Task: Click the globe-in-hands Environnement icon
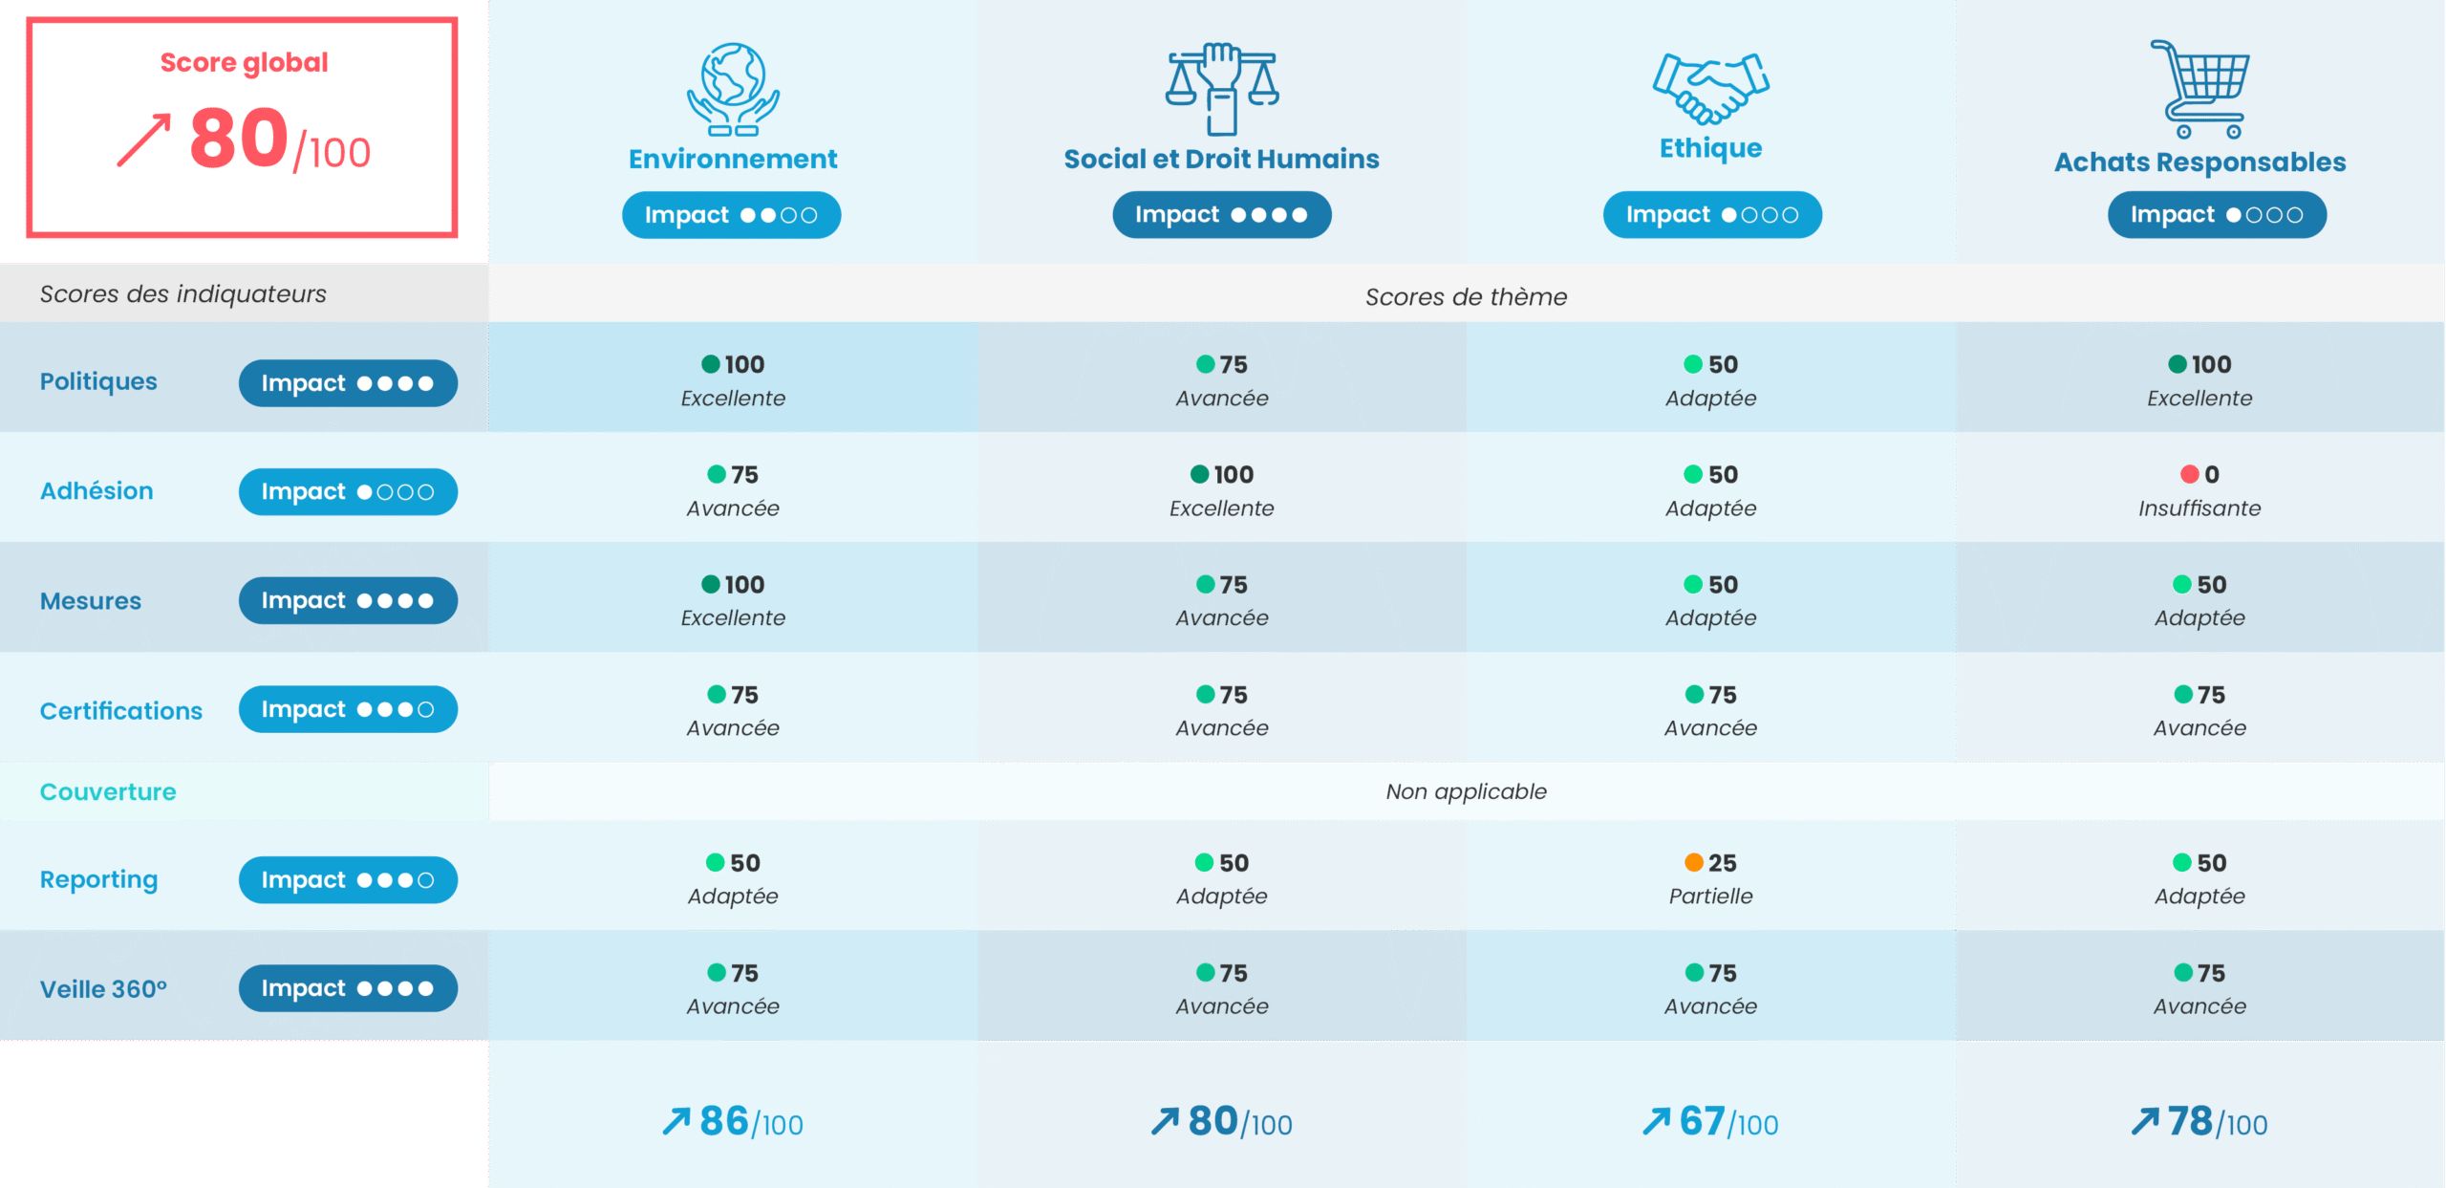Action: pos(733,89)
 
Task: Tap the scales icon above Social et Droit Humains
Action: pos(1221,88)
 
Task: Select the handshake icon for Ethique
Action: pos(1710,88)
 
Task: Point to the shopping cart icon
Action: pos(2200,89)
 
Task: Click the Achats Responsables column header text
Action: pos(2199,162)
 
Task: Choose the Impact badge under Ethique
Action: pos(1711,215)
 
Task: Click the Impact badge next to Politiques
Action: pos(348,383)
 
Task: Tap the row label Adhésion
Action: pos(97,491)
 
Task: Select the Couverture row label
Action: pos(108,792)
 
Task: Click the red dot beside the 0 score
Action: pos(2189,475)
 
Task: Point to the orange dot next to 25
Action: pos(1693,863)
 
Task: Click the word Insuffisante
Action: pos(2199,508)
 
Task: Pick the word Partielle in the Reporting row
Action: pos(1710,896)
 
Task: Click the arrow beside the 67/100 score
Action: pos(1656,1121)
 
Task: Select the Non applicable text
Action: pos(1466,792)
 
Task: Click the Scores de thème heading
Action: pos(1466,297)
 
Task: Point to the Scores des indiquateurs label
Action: pos(182,294)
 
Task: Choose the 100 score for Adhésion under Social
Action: pos(1233,475)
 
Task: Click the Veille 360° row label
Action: pos(103,989)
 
